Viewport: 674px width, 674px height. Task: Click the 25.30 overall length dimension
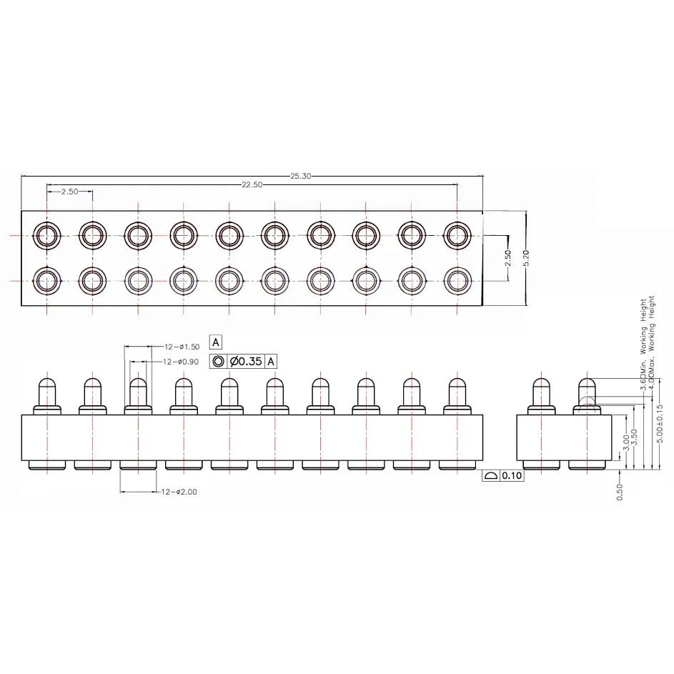(x=299, y=176)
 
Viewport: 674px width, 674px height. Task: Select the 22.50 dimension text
(x=252, y=184)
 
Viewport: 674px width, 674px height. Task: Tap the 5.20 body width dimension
(x=526, y=258)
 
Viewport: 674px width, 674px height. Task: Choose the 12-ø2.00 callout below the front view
(x=179, y=492)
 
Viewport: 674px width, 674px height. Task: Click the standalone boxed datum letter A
(x=216, y=342)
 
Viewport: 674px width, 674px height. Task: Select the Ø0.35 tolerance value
(x=247, y=362)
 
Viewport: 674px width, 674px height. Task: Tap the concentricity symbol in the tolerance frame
(x=218, y=362)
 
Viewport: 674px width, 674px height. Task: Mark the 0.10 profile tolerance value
(x=512, y=475)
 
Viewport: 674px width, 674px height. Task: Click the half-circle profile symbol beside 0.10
(x=491, y=475)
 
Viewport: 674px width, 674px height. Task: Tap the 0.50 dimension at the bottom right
(x=620, y=492)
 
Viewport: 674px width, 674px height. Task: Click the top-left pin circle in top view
(x=47, y=234)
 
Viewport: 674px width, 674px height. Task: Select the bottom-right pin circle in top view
(x=457, y=279)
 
